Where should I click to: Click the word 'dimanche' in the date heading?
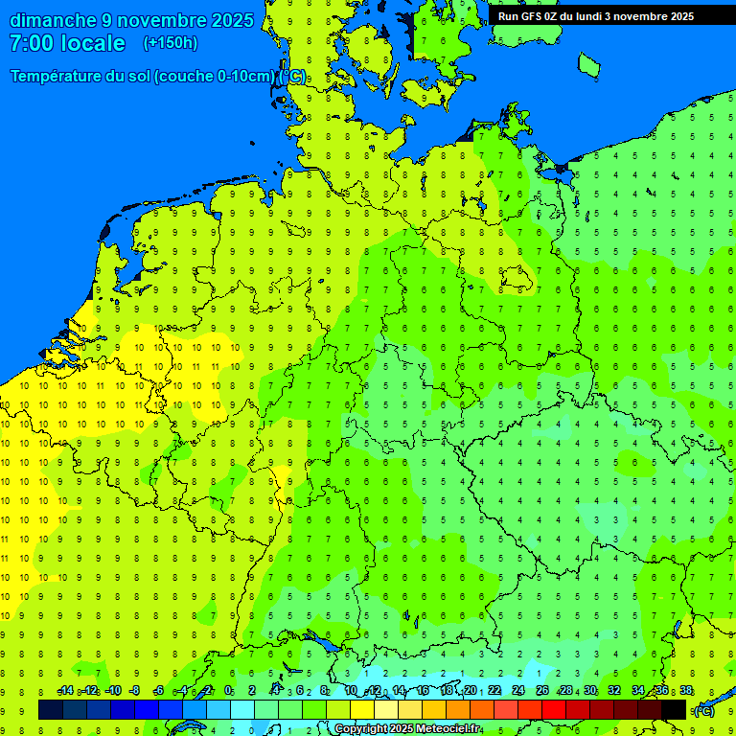[53, 20]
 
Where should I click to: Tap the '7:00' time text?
[30, 43]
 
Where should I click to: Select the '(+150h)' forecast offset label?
[170, 43]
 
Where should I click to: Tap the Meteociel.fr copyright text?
[407, 728]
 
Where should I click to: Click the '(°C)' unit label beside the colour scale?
[703, 710]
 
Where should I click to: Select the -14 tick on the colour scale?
[65, 691]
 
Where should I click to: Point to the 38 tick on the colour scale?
[686, 691]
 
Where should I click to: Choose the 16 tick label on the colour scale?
[423, 691]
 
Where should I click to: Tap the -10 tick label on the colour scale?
[112, 691]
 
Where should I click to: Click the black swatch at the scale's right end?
[674, 710]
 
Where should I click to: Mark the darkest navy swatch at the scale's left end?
[51, 710]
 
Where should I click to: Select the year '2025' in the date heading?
[233, 20]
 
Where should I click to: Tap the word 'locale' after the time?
[93, 43]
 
